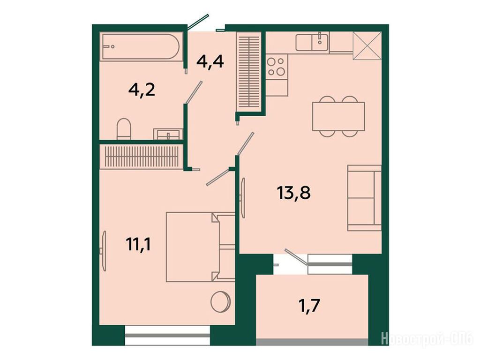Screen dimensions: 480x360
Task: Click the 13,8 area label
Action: point(293,193)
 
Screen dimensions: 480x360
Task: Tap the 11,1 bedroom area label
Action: point(138,245)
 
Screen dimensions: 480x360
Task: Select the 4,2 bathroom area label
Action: point(142,90)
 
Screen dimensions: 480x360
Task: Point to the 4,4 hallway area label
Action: point(210,62)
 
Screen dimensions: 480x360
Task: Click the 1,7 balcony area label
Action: point(309,305)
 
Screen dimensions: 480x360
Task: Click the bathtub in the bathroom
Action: point(141,46)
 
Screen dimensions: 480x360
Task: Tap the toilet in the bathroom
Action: point(124,129)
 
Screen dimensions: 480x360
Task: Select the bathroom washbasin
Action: point(168,134)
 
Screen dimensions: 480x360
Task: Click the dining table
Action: point(338,116)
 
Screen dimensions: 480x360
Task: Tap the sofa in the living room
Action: point(364,198)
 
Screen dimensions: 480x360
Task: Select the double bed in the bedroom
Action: point(201,247)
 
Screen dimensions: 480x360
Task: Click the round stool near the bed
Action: point(220,302)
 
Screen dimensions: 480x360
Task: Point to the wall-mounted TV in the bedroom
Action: point(104,251)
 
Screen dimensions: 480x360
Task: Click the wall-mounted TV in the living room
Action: point(243,198)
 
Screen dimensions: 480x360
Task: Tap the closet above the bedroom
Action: point(142,156)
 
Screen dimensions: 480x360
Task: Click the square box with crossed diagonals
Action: point(367,45)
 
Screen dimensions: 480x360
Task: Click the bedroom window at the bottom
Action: point(167,336)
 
